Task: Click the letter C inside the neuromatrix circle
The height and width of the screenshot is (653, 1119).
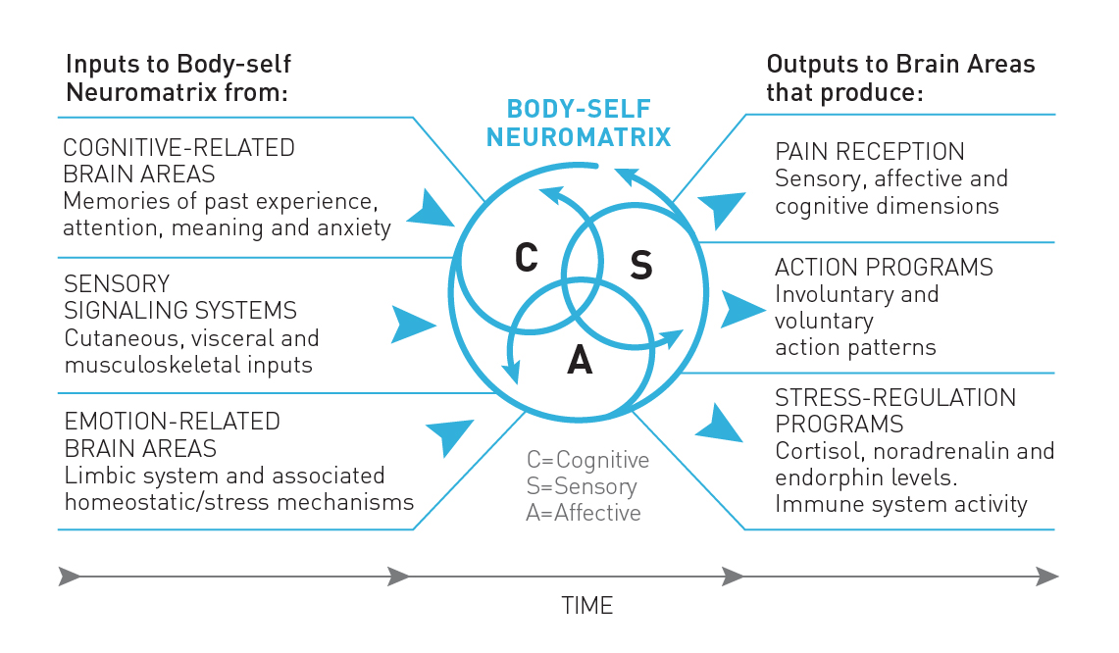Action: [526, 257]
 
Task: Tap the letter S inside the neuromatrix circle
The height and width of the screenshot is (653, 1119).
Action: [640, 265]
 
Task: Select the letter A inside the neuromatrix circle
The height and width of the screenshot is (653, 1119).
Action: [580, 360]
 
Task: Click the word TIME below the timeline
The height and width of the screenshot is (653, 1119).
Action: [586, 605]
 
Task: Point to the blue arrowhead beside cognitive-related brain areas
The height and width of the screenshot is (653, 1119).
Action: [430, 209]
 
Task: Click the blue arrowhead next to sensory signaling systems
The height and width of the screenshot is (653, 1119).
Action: [413, 325]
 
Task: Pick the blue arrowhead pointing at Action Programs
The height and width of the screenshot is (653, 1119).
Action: [743, 309]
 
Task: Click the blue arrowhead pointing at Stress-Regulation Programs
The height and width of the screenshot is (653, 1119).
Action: [720, 424]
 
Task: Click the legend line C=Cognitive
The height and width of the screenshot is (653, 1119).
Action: [587, 460]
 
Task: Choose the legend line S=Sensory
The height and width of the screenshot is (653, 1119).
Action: [581, 486]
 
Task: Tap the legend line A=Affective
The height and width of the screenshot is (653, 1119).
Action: [584, 513]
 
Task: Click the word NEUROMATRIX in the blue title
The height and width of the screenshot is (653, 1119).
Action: [579, 137]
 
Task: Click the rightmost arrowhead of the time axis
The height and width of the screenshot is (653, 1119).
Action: [1047, 576]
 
